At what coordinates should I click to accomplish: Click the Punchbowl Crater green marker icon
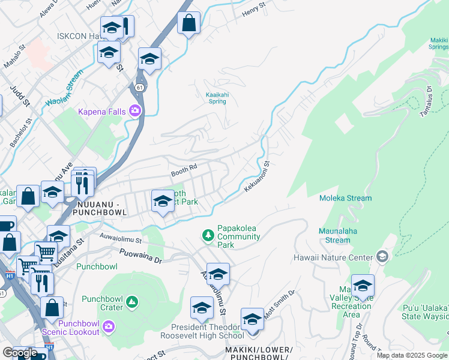tap(133, 303)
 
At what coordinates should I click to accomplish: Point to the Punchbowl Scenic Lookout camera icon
tap(109, 326)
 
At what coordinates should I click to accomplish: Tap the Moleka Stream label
tap(345, 198)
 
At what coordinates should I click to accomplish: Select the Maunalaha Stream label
tap(337, 236)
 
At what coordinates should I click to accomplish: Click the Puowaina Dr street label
tap(141, 257)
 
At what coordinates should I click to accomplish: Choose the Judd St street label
tap(20, 95)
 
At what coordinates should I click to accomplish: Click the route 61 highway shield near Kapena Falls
tap(139, 88)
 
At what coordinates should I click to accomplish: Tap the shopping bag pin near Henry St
tap(189, 24)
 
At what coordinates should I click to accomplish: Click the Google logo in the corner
tap(20, 353)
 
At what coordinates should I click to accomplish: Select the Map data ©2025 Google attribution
tap(412, 355)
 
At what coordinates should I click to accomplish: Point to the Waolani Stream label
tap(62, 92)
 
